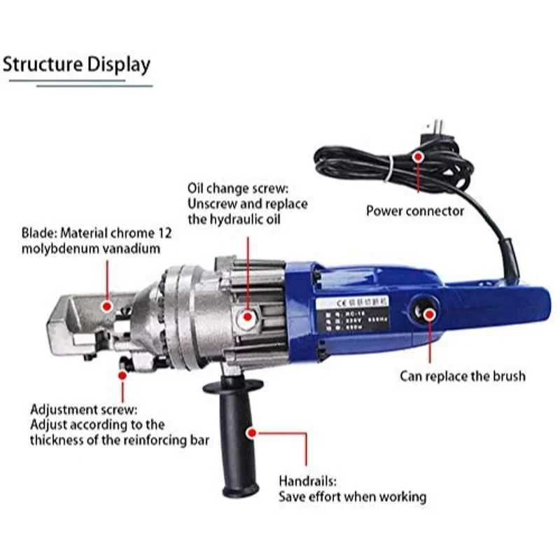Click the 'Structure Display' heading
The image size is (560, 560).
[76, 64]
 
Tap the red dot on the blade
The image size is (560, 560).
[106, 305]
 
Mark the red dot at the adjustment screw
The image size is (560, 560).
[122, 375]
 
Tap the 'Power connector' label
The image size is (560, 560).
[415, 211]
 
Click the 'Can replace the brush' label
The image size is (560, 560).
[462, 376]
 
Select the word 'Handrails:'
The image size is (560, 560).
[307, 482]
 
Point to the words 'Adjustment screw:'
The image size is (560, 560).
[84, 409]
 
